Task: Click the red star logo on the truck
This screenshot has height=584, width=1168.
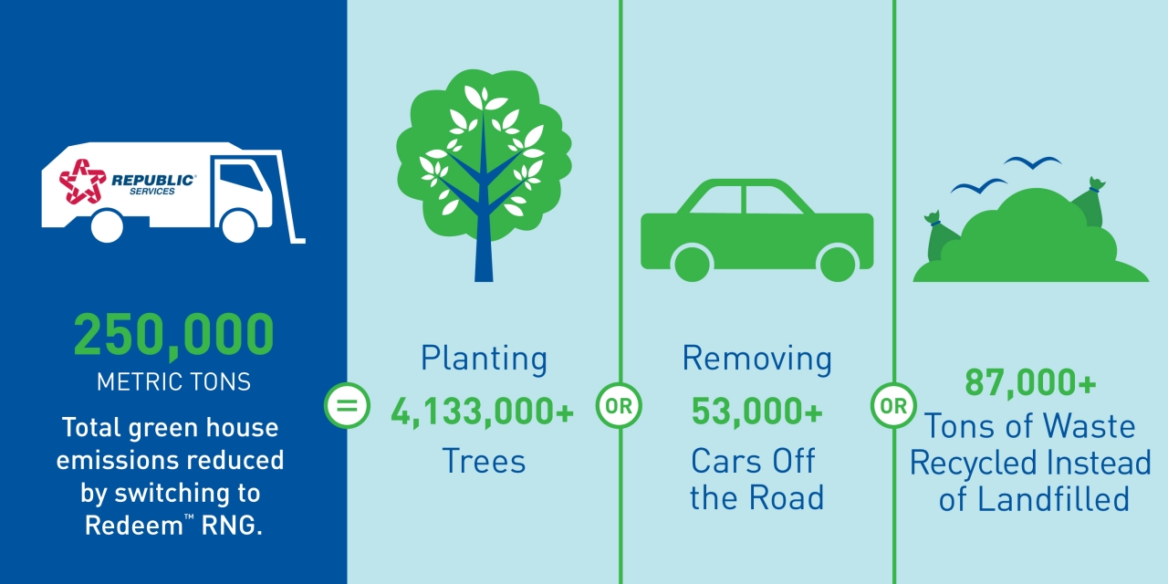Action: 82,181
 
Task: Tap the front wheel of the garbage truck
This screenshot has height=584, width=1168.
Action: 238,226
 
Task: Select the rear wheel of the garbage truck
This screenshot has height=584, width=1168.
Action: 107,226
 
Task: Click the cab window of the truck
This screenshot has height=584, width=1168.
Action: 240,178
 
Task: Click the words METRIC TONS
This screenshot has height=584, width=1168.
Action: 173,382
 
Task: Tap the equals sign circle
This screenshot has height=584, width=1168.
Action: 348,406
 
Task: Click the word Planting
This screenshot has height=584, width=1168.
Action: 484,359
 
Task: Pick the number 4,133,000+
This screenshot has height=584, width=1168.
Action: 483,412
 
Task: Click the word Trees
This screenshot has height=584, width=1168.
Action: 484,461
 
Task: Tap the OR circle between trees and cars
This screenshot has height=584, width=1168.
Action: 619,406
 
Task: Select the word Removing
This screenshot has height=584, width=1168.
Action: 757,359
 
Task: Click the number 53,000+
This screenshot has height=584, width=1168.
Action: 757,412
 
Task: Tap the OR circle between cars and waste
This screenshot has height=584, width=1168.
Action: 893,406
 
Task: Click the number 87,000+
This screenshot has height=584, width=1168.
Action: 1030,382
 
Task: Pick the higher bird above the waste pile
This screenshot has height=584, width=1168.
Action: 1032,162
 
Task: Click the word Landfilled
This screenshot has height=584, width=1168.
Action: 1053,499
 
